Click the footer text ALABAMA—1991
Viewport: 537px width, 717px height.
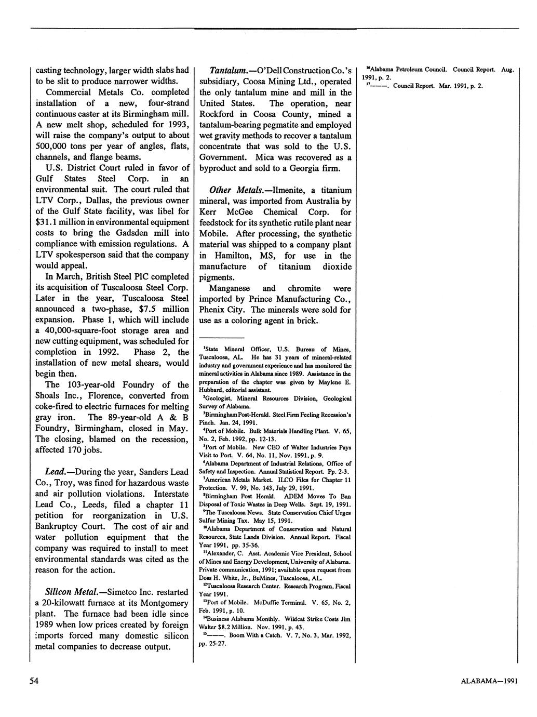489,682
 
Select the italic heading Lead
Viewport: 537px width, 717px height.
55,472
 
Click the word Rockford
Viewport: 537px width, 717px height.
218,114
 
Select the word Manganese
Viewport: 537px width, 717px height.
231,288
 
